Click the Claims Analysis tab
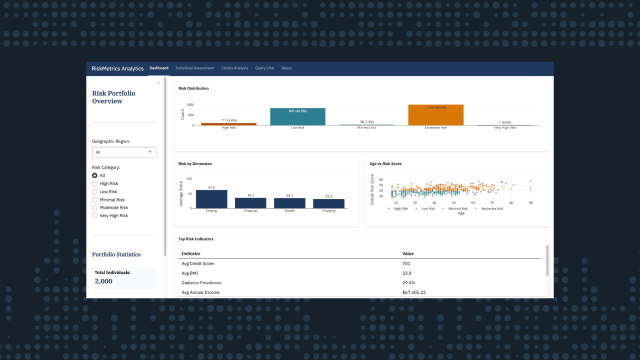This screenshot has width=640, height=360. tap(233, 68)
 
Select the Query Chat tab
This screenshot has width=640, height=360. tap(266, 68)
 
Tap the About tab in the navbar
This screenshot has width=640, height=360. tap(287, 68)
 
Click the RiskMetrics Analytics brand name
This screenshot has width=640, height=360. tap(118, 68)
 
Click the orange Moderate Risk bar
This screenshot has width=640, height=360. tap(435, 115)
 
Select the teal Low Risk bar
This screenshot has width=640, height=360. tap(298, 117)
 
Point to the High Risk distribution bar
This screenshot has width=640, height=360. tap(229, 124)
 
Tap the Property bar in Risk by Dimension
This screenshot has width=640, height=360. tap(329, 203)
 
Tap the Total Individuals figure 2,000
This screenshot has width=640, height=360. tap(103, 282)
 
